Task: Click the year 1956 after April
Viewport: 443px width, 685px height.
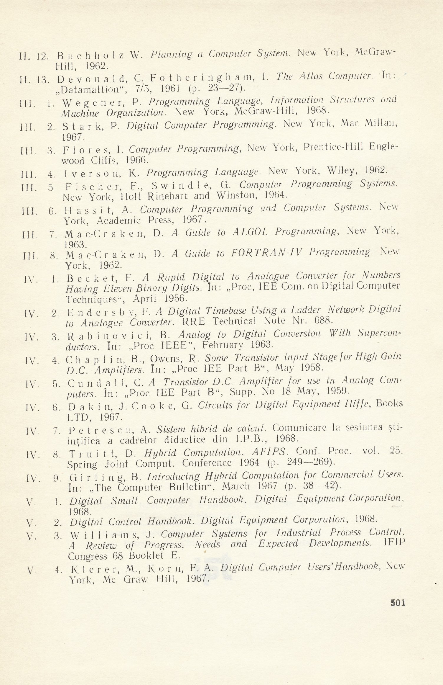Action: pos(175,298)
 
